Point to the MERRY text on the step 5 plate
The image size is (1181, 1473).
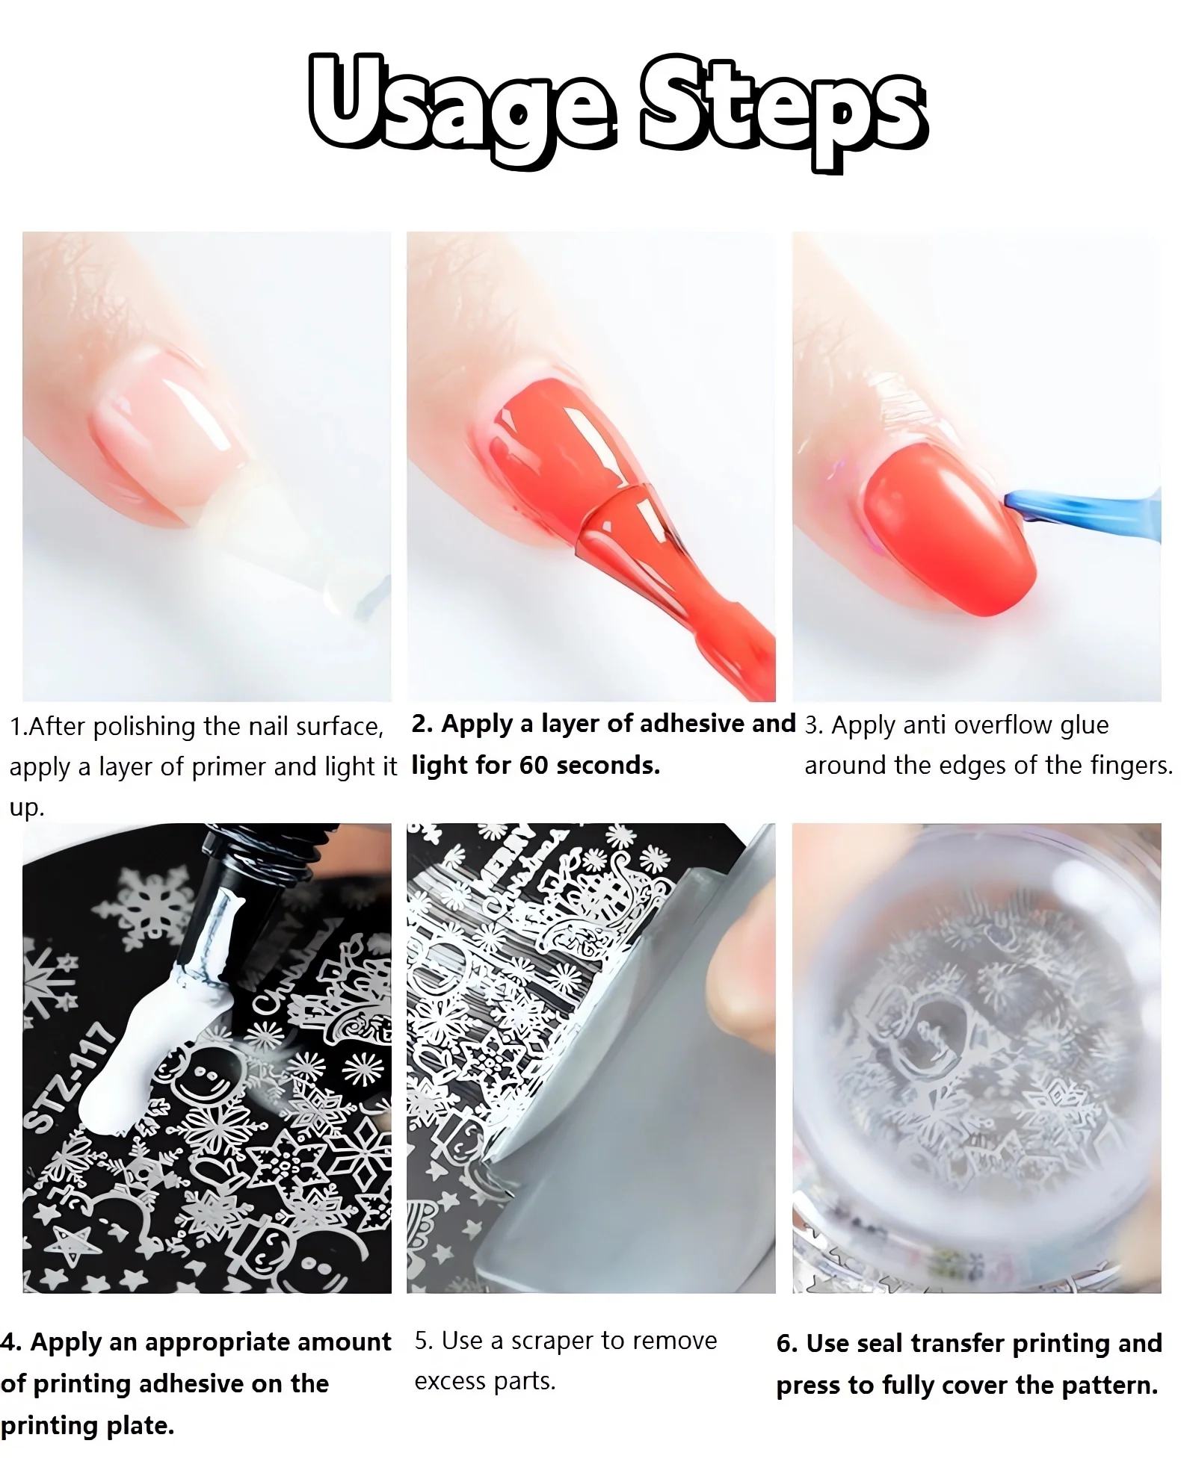(x=508, y=859)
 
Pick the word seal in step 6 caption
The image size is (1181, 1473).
(x=882, y=1344)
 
